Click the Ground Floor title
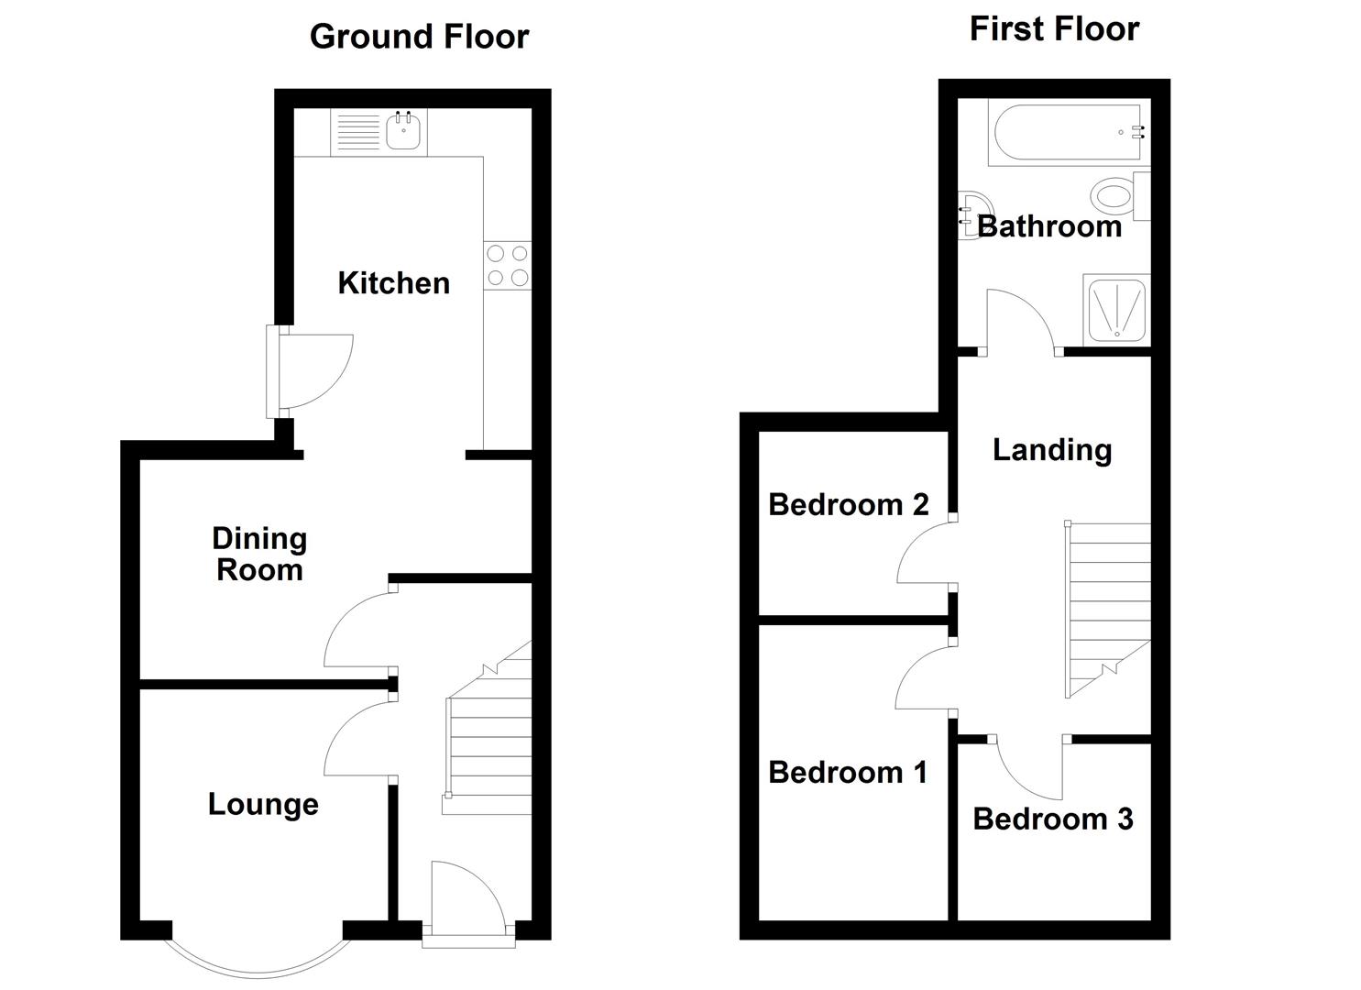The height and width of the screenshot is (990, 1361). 419,37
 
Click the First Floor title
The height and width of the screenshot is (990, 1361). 1054,29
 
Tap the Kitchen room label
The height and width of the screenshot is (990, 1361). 394,283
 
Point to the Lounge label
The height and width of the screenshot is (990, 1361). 263,805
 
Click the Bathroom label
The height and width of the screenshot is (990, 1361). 1049,226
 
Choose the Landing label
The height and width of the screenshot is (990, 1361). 1052,450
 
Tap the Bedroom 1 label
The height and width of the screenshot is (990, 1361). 848,773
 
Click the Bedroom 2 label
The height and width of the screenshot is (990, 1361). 848,504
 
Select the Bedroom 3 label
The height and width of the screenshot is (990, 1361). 1053,819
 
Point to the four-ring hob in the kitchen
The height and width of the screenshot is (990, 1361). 508,265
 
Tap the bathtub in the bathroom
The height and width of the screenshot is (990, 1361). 1068,133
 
